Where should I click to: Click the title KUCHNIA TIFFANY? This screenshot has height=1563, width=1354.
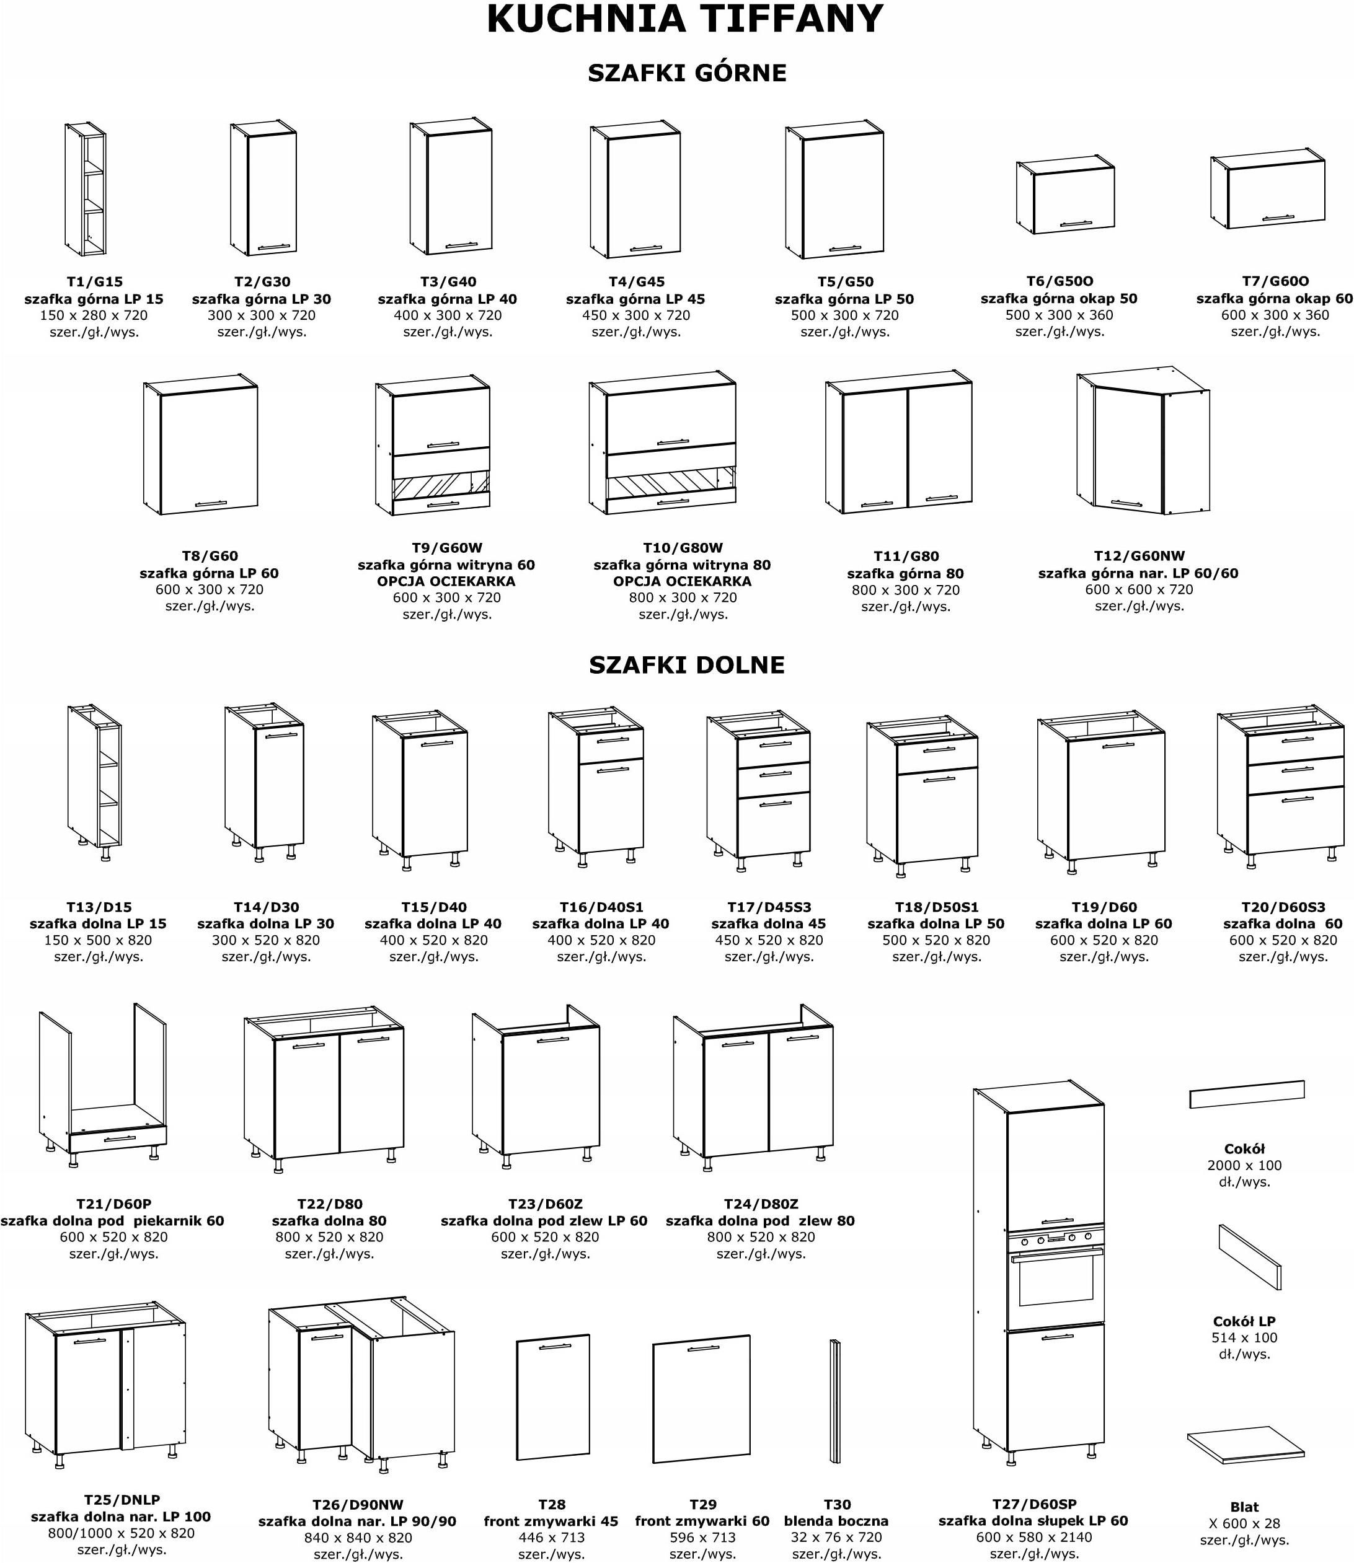coord(684,20)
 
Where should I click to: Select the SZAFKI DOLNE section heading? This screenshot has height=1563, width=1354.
coord(687,665)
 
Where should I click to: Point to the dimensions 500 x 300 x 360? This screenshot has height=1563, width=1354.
coord(1060,315)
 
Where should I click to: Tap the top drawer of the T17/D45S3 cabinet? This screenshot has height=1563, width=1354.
coord(774,749)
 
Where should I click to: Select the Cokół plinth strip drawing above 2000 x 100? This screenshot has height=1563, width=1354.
coord(1247,1094)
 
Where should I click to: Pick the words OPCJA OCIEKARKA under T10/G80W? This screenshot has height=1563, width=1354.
coord(683,581)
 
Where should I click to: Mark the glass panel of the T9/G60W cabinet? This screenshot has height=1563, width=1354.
coord(441,485)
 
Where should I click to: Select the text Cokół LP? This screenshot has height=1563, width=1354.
coord(1244,1321)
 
